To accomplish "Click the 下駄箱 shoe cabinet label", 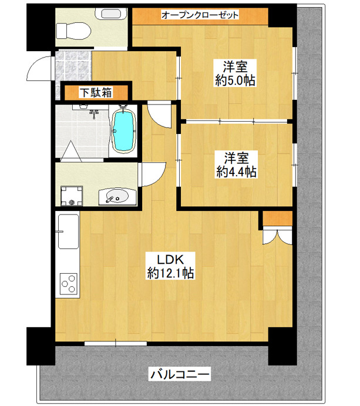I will click(96, 92).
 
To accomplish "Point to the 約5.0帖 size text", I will click(234, 81).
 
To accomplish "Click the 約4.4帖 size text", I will click(235, 172).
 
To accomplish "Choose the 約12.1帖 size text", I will click(171, 273).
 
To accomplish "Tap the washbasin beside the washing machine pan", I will click(115, 196).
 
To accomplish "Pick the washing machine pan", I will click(72, 196).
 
